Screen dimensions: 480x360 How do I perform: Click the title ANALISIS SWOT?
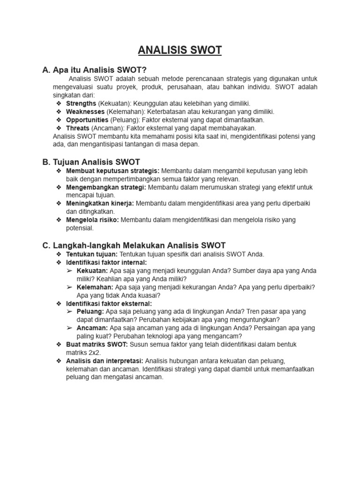click(x=180, y=50)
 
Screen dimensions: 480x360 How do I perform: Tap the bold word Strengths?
click(x=81, y=103)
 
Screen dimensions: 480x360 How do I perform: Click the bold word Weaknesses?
click(x=85, y=112)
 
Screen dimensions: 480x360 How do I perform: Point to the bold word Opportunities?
click(x=87, y=120)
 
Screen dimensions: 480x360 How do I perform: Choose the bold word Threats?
click(x=77, y=127)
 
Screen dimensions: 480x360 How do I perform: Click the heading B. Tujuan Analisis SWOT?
click(x=91, y=162)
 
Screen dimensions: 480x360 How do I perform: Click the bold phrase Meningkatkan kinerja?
click(x=100, y=203)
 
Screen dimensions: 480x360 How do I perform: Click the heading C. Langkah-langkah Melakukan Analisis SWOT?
click(x=134, y=245)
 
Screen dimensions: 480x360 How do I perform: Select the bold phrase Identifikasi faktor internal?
click(x=106, y=262)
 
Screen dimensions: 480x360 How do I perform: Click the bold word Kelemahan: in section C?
click(x=95, y=287)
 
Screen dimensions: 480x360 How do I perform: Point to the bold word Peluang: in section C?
click(x=90, y=312)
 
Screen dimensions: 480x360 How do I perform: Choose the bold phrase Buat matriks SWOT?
click(x=97, y=345)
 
